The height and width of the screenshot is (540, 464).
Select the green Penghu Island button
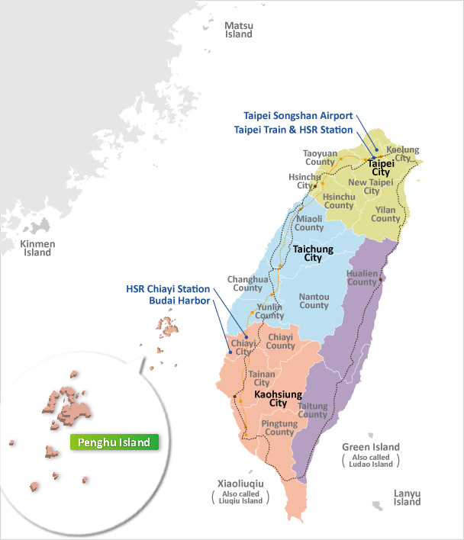114,442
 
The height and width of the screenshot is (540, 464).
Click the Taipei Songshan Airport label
298,116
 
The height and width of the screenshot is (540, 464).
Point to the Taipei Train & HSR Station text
294,130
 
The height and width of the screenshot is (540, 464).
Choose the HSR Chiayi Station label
168,289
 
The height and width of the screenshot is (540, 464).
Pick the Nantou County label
314,301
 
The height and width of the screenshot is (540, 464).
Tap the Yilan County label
385,214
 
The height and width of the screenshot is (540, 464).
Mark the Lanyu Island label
408,497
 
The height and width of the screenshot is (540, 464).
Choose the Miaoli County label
309,223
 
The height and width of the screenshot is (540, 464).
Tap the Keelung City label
404,153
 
